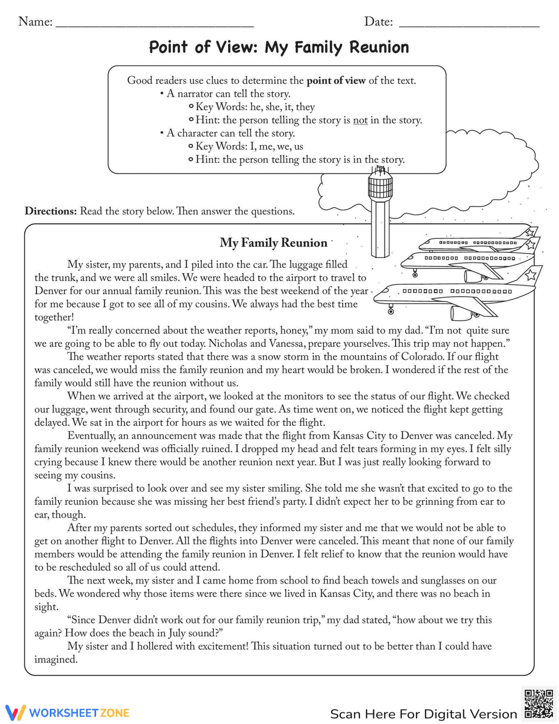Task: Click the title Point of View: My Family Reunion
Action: [x=279, y=48]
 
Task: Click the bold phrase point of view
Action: [x=336, y=81]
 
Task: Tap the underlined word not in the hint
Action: [x=360, y=120]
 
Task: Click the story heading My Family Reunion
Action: [x=273, y=243]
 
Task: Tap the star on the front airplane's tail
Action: [x=530, y=275]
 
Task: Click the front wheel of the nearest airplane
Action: [x=391, y=311]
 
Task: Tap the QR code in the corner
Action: [x=538, y=704]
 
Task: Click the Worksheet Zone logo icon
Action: [x=16, y=712]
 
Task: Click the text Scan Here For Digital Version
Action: [x=424, y=714]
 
